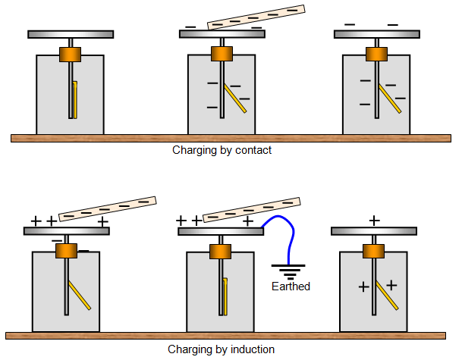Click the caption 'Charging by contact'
(x=222, y=150)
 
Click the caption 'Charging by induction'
(x=221, y=349)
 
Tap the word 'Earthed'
(x=291, y=286)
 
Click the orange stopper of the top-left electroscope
(x=71, y=55)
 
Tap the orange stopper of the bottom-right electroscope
(x=372, y=251)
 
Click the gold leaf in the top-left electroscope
(x=74, y=99)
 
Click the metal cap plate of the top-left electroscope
(x=71, y=34)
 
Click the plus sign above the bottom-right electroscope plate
(x=374, y=220)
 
